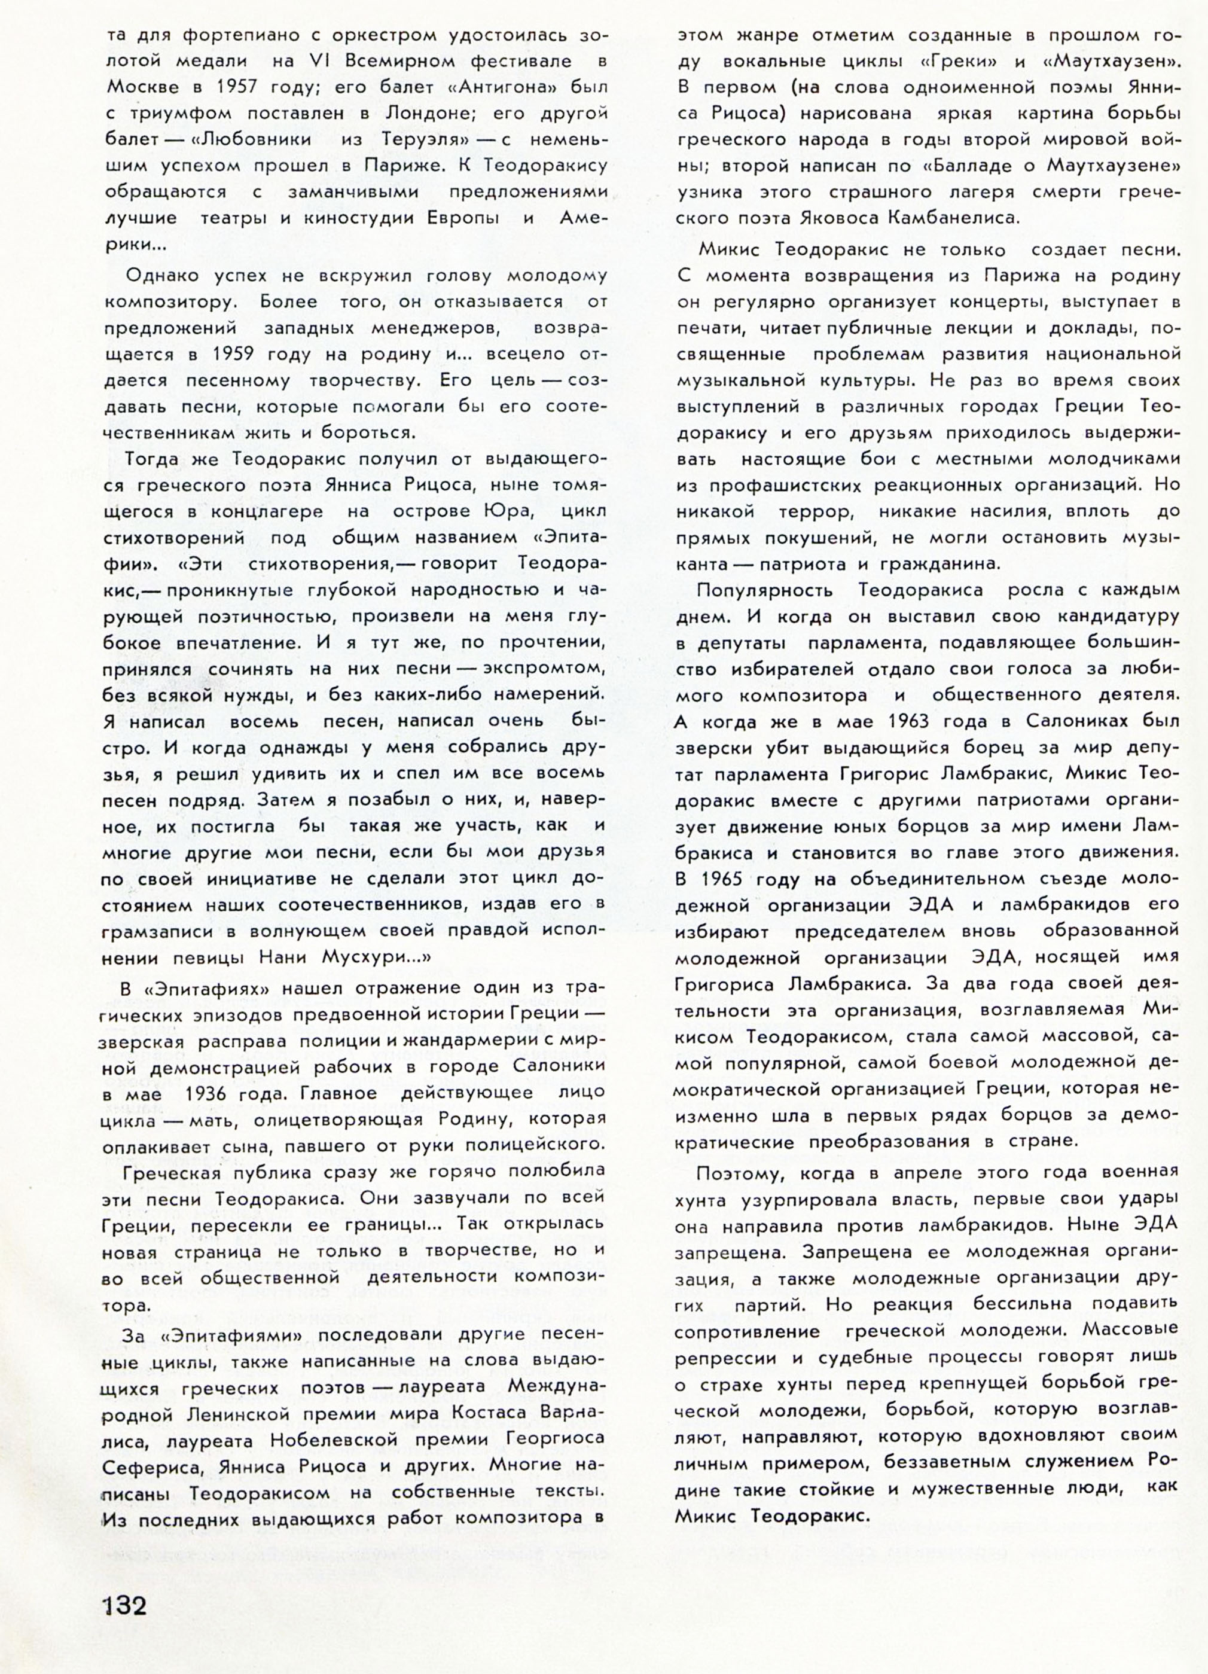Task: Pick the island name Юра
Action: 505,511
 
